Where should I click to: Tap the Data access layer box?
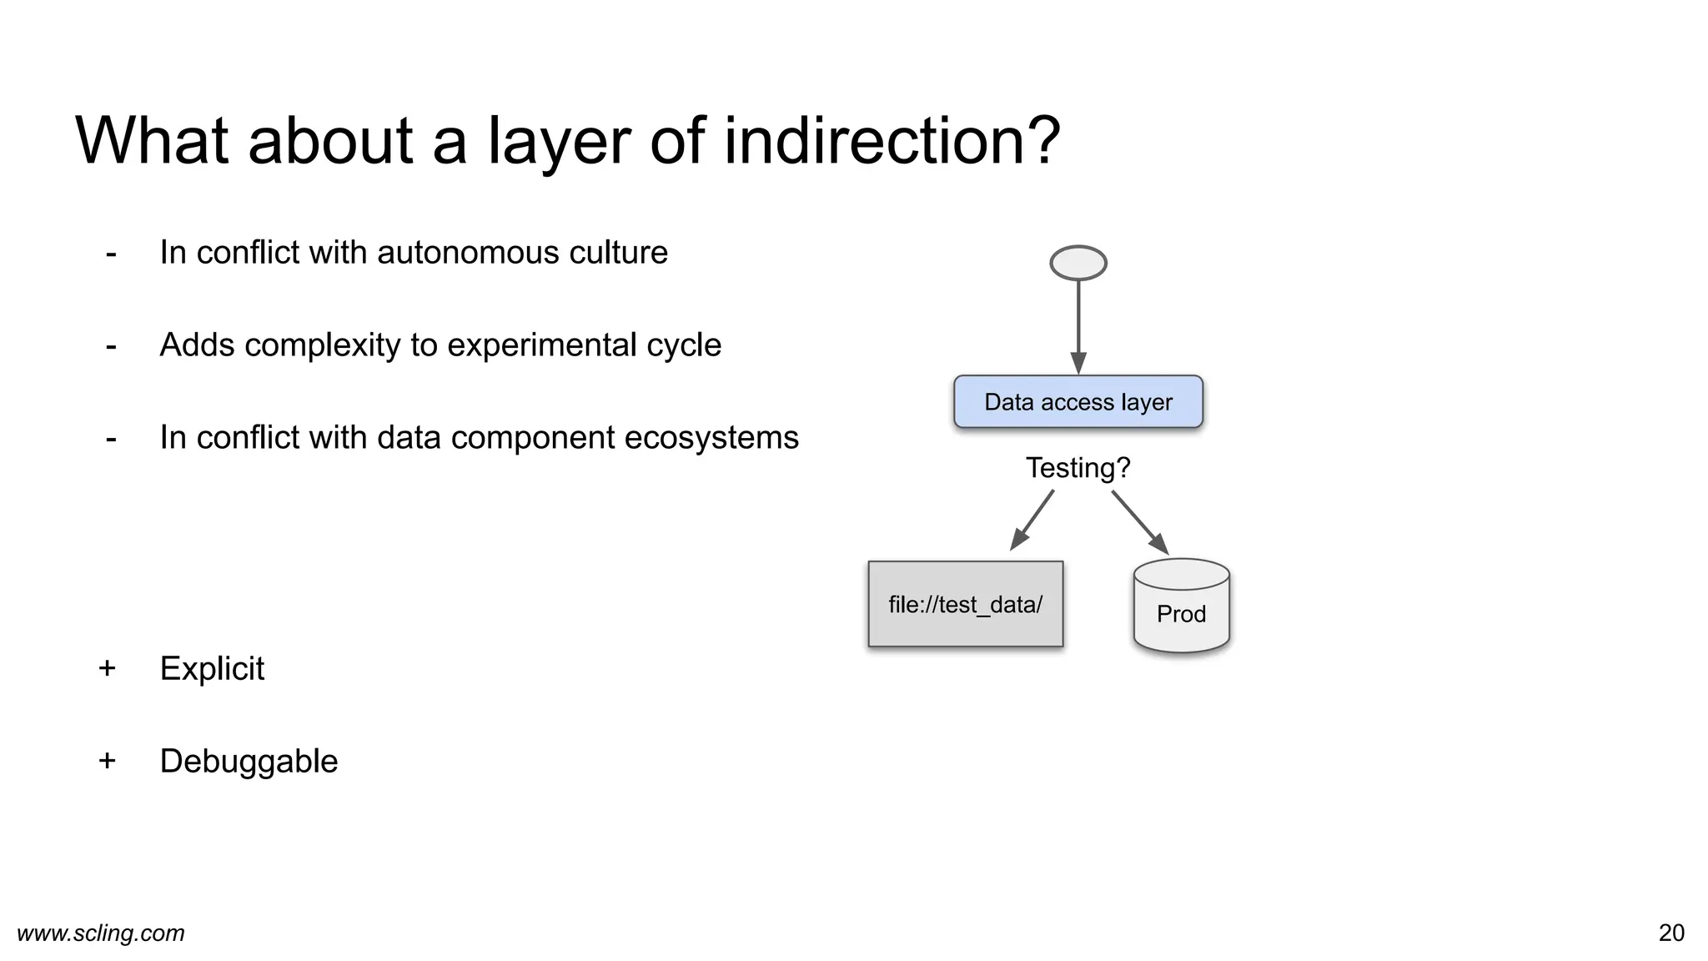coord(1078,402)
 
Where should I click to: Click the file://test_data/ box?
coord(965,604)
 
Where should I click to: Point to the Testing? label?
coord(1078,468)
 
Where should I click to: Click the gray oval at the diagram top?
coord(1078,263)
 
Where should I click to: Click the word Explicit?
coord(212,669)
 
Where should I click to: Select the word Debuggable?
coord(249,762)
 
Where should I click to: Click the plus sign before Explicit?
coord(107,668)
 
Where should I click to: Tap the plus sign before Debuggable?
coord(107,761)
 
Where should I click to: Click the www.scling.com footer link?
coord(101,933)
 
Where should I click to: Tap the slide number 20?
coord(1671,933)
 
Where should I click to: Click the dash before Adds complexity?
coord(111,345)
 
